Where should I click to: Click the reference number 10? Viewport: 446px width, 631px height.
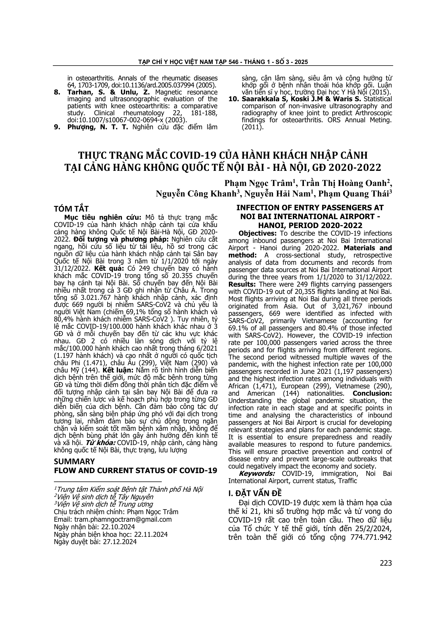tap(234, 99)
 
